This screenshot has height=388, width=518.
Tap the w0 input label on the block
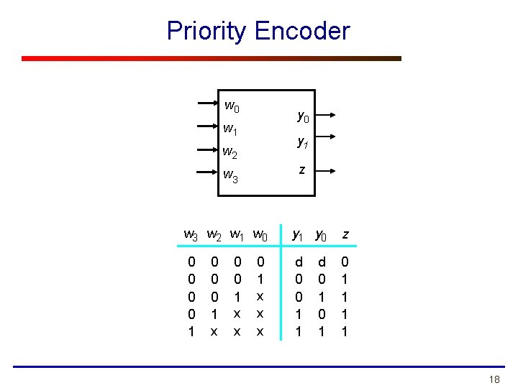(x=232, y=107)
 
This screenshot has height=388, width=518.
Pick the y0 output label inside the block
(x=304, y=116)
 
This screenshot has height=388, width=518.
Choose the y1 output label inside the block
(x=304, y=142)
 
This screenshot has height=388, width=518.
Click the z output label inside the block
(x=302, y=170)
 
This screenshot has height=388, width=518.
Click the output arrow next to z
(x=324, y=170)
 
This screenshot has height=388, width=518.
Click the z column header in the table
(x=346, y=234)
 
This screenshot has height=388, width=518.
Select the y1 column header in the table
(x=296, y=234)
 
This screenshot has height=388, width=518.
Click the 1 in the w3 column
(x=191, y=331)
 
